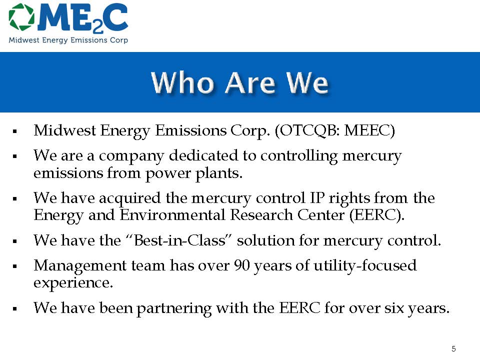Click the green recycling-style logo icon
point(21,17)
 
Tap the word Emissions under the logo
point(89,40)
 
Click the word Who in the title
point(182,82)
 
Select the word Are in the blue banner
point(250,82)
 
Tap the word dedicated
point(203,155)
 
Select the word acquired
point(130,198)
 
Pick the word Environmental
point(172,215)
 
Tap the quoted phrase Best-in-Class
point(179,240)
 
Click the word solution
point(265,240)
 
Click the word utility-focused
point(365,265)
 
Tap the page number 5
point(453,348)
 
